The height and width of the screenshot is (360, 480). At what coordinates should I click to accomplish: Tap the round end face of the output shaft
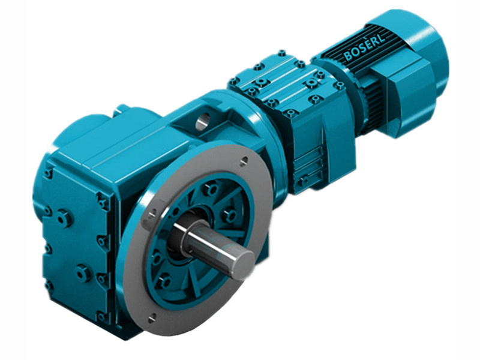coord(243,261)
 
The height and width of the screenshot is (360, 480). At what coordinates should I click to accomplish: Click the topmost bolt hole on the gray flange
coord(244,160)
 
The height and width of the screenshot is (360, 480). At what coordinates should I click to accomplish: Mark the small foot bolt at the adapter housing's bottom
coord(304,179)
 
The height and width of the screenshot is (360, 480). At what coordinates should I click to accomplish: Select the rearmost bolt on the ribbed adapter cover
coord(282,53)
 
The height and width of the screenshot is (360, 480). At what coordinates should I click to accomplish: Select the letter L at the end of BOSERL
coord(380,38)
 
